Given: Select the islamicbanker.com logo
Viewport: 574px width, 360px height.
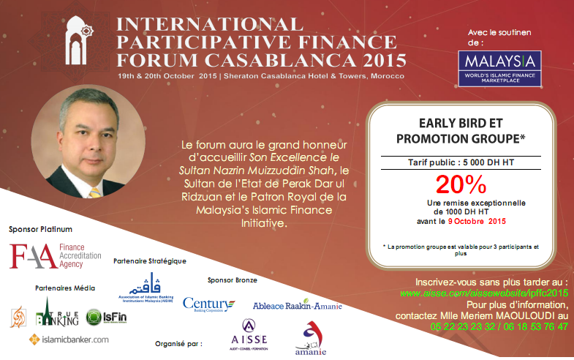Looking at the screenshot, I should click(69, 339).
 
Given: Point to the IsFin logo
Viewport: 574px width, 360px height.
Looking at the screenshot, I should click(102, 317).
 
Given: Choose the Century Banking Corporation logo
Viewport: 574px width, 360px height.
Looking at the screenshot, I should click(209, 303).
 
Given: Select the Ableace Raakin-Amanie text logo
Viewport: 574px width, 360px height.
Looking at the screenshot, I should click(297, 305).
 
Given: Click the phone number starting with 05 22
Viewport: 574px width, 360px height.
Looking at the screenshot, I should click(453, 327).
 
